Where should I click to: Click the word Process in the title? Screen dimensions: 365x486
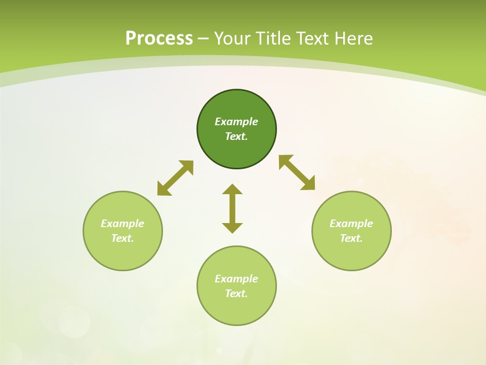click(x=159, y=39)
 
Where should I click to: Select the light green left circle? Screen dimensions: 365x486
click(x=123, y=253)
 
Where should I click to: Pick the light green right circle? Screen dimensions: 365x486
click(x=351, y=253)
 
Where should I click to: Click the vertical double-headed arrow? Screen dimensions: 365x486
click(x=232, y=208)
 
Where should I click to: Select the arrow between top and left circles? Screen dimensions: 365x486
click(x=175, y=178)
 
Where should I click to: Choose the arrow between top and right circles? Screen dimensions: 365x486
click(x=297, y=173)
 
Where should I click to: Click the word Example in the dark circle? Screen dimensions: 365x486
click(x=236, y=122)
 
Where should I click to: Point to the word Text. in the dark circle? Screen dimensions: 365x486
click(x=236, y=136)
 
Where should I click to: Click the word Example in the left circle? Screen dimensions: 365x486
click(x=123, y=224)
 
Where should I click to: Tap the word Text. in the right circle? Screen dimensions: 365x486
click(x=351, y=238)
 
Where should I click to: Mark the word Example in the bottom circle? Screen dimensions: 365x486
click(x=236, y=279)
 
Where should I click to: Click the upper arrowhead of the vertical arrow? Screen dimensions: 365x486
click(x=232, y=189)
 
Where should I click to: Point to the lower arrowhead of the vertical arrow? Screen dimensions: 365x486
click(x=232, y=228)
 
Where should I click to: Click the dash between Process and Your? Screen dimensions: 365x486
click(x=203, y=39)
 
